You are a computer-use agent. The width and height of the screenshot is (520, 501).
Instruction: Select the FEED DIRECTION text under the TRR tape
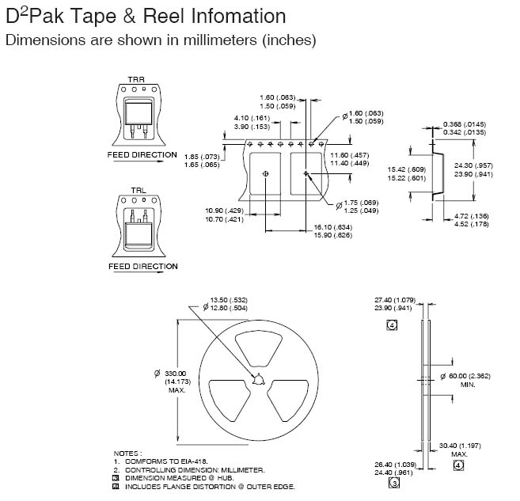point(142,155)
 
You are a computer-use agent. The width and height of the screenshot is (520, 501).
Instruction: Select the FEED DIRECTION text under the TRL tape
point(142,267)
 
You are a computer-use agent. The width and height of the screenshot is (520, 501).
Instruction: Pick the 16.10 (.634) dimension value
point(332,227)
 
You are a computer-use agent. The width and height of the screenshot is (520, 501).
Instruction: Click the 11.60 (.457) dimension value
point(350,154)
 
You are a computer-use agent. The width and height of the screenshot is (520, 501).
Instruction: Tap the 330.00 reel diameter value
point(175,374)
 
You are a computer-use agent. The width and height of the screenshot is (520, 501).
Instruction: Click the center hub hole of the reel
point(256,380)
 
